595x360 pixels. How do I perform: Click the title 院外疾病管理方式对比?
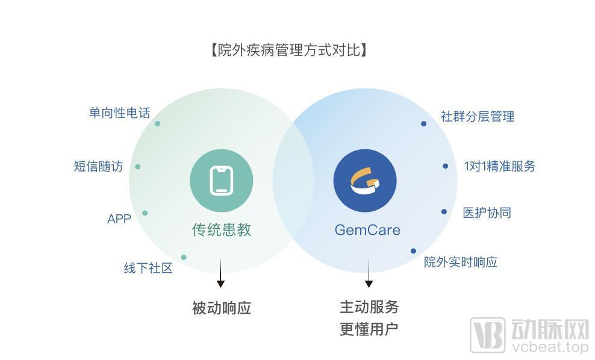pyautogui.click(x=289, y=50)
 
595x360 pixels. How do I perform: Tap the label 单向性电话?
pyautogui.click(x=119, y=113)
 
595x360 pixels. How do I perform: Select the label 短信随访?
pyautogui.click(x=98, y=166)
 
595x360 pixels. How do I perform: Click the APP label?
pyautogui.click(x=119, y=219)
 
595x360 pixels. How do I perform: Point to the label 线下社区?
pyautogui.click(x=148, y=268)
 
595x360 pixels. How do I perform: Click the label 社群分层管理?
pyautogui.click(x=478, y=116)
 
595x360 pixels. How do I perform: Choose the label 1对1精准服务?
pyautogui.click(x=499, y=166)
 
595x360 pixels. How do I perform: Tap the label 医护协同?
pyautogui.click(x=487, y=213)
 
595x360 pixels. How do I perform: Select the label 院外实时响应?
pyautogui.click(x=460, y=262)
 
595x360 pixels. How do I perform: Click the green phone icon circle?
pyautogui.click(x=222, y=181)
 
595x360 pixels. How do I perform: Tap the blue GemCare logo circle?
pyautogui.click(x=365, y=181)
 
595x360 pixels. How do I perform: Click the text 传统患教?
pyautogui.click(x=222, y=230)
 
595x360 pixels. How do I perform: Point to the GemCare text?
pyautogui.click(x=367, y=230)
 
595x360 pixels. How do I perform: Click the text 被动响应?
pyautogui.click(x=222, y=308)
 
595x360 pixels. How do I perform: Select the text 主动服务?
pyautogui.click(x=369, y=307)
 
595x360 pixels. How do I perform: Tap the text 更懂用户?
pyautogui.click(x=369, y=329)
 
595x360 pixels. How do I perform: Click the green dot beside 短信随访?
pyautogui.click(x=138, y=167)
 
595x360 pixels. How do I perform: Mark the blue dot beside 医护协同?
pyautogui.click(x=444, y=212)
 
